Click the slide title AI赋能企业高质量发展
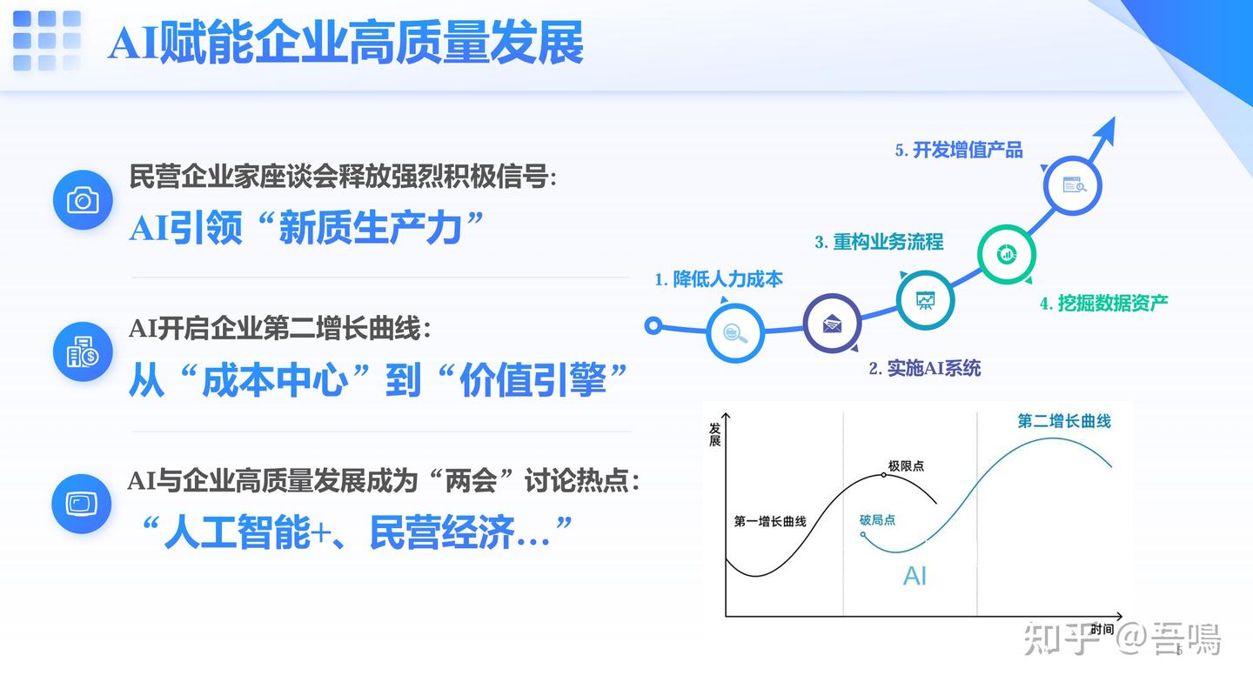(x=345, y=43)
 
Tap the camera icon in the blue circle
(x=83, y=201)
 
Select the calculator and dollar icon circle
(x=83, y=352)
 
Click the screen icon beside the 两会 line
(x=82, y=504)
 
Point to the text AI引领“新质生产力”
(x=306, y=229)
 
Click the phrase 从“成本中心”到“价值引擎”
(x=379, y=381)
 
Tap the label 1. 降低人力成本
(x=719, y=279)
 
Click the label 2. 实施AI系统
(x=924, y=368)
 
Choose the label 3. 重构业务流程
(x=879, y=242)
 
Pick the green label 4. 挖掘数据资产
(x=1103, y=303)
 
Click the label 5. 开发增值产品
(x=959, y=150)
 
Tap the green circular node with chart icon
(x=1007, y=254)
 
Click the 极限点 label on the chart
(x=906, y=466)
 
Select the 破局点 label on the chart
(x=877, y=520)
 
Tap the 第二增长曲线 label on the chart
(x=1064, y=421)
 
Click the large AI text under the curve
(x=915, y=576)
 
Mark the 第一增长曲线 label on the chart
(x=770, y=522)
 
